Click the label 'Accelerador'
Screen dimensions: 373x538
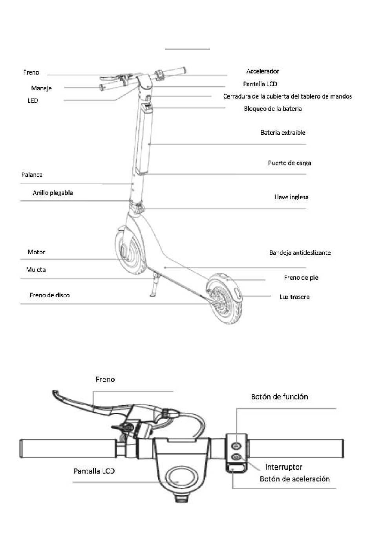pos(263,71)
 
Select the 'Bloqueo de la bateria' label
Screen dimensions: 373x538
pos(272,108)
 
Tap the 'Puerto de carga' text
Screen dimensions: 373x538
pos(289,163)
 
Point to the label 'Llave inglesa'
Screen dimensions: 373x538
pos(291,197)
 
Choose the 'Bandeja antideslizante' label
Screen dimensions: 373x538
pos(300,253)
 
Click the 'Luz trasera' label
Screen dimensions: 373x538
pos(294,297)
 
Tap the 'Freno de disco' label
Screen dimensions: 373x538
pos(50,295)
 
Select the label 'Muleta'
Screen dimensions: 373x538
pos(36,270)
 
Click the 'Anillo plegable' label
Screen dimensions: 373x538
pos(53,193)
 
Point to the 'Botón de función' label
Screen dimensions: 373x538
pos(279,397)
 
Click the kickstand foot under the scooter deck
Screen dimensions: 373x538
pos(152,295)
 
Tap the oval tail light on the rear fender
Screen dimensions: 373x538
pos(238,294)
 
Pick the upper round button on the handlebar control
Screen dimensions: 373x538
pos(236,446)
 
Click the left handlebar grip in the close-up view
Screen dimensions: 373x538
pos(68,448)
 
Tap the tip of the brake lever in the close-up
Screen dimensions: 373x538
pos(53,392)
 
